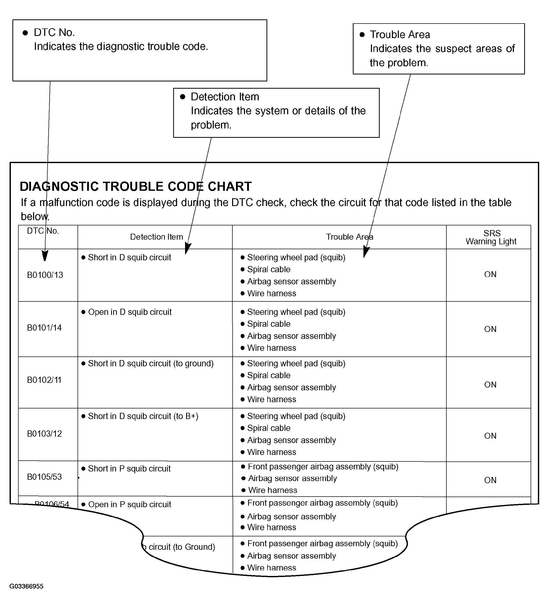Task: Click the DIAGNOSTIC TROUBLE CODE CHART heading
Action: click(x=136, y=187)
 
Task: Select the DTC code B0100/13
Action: click(x=45, y=275)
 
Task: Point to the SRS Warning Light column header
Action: click(x=491, y=237)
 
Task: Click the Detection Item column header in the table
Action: click(x=156, y=237)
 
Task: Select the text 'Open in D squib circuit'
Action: click(x=130, y=312)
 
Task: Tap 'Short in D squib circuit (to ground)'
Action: click(x=150, y=364)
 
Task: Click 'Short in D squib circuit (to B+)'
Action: click(x=143, y=416)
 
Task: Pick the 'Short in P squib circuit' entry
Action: click(x=129, y=469)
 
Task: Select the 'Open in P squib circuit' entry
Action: click(x=130, y=505)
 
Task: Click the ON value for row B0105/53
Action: click(x=490, y=480)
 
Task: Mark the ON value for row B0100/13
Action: click(x=490, y=275)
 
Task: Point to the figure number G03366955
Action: click(x=27, y=586)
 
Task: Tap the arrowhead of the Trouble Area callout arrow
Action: click(x=366, y=252)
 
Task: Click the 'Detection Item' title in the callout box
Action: click(x=225, y=97)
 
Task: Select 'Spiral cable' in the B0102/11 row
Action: click(x=269, y=375)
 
